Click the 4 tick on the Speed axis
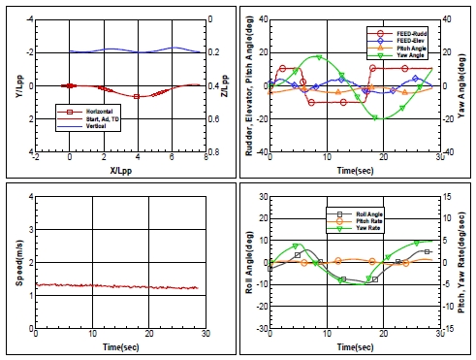tap(28, 196)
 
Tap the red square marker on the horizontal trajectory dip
tap(137, 96)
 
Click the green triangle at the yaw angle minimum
tap(386, 118)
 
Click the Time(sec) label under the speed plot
tap(121, 345)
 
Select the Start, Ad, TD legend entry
tap(96, 116)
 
